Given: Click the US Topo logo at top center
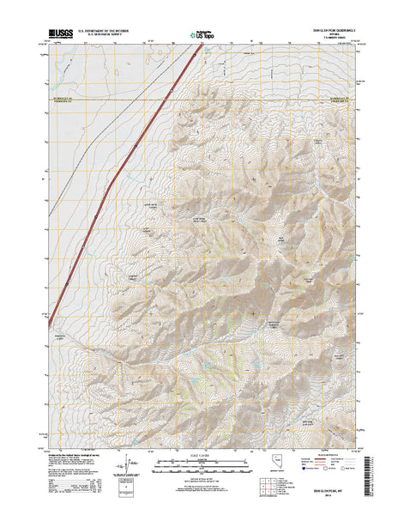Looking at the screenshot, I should [202, 35].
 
